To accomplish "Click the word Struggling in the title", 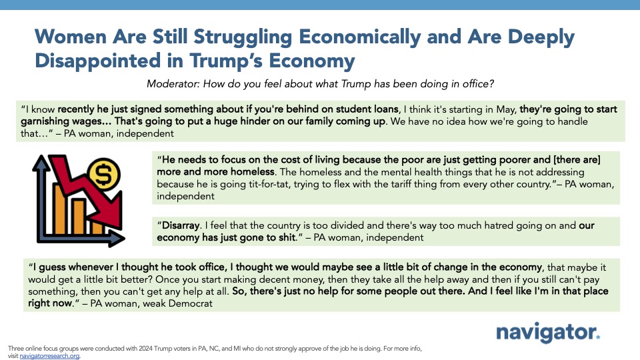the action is click(243, 37).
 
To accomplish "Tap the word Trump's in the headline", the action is click(227, 61).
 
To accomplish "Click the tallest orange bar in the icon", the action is click(60, 209).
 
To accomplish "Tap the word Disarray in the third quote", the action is click(181, 225).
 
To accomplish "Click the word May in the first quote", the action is click(506, 109).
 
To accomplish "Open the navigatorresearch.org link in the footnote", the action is click(49, 356).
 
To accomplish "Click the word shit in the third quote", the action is click(287, 237).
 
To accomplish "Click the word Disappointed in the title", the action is click(98, 61).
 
